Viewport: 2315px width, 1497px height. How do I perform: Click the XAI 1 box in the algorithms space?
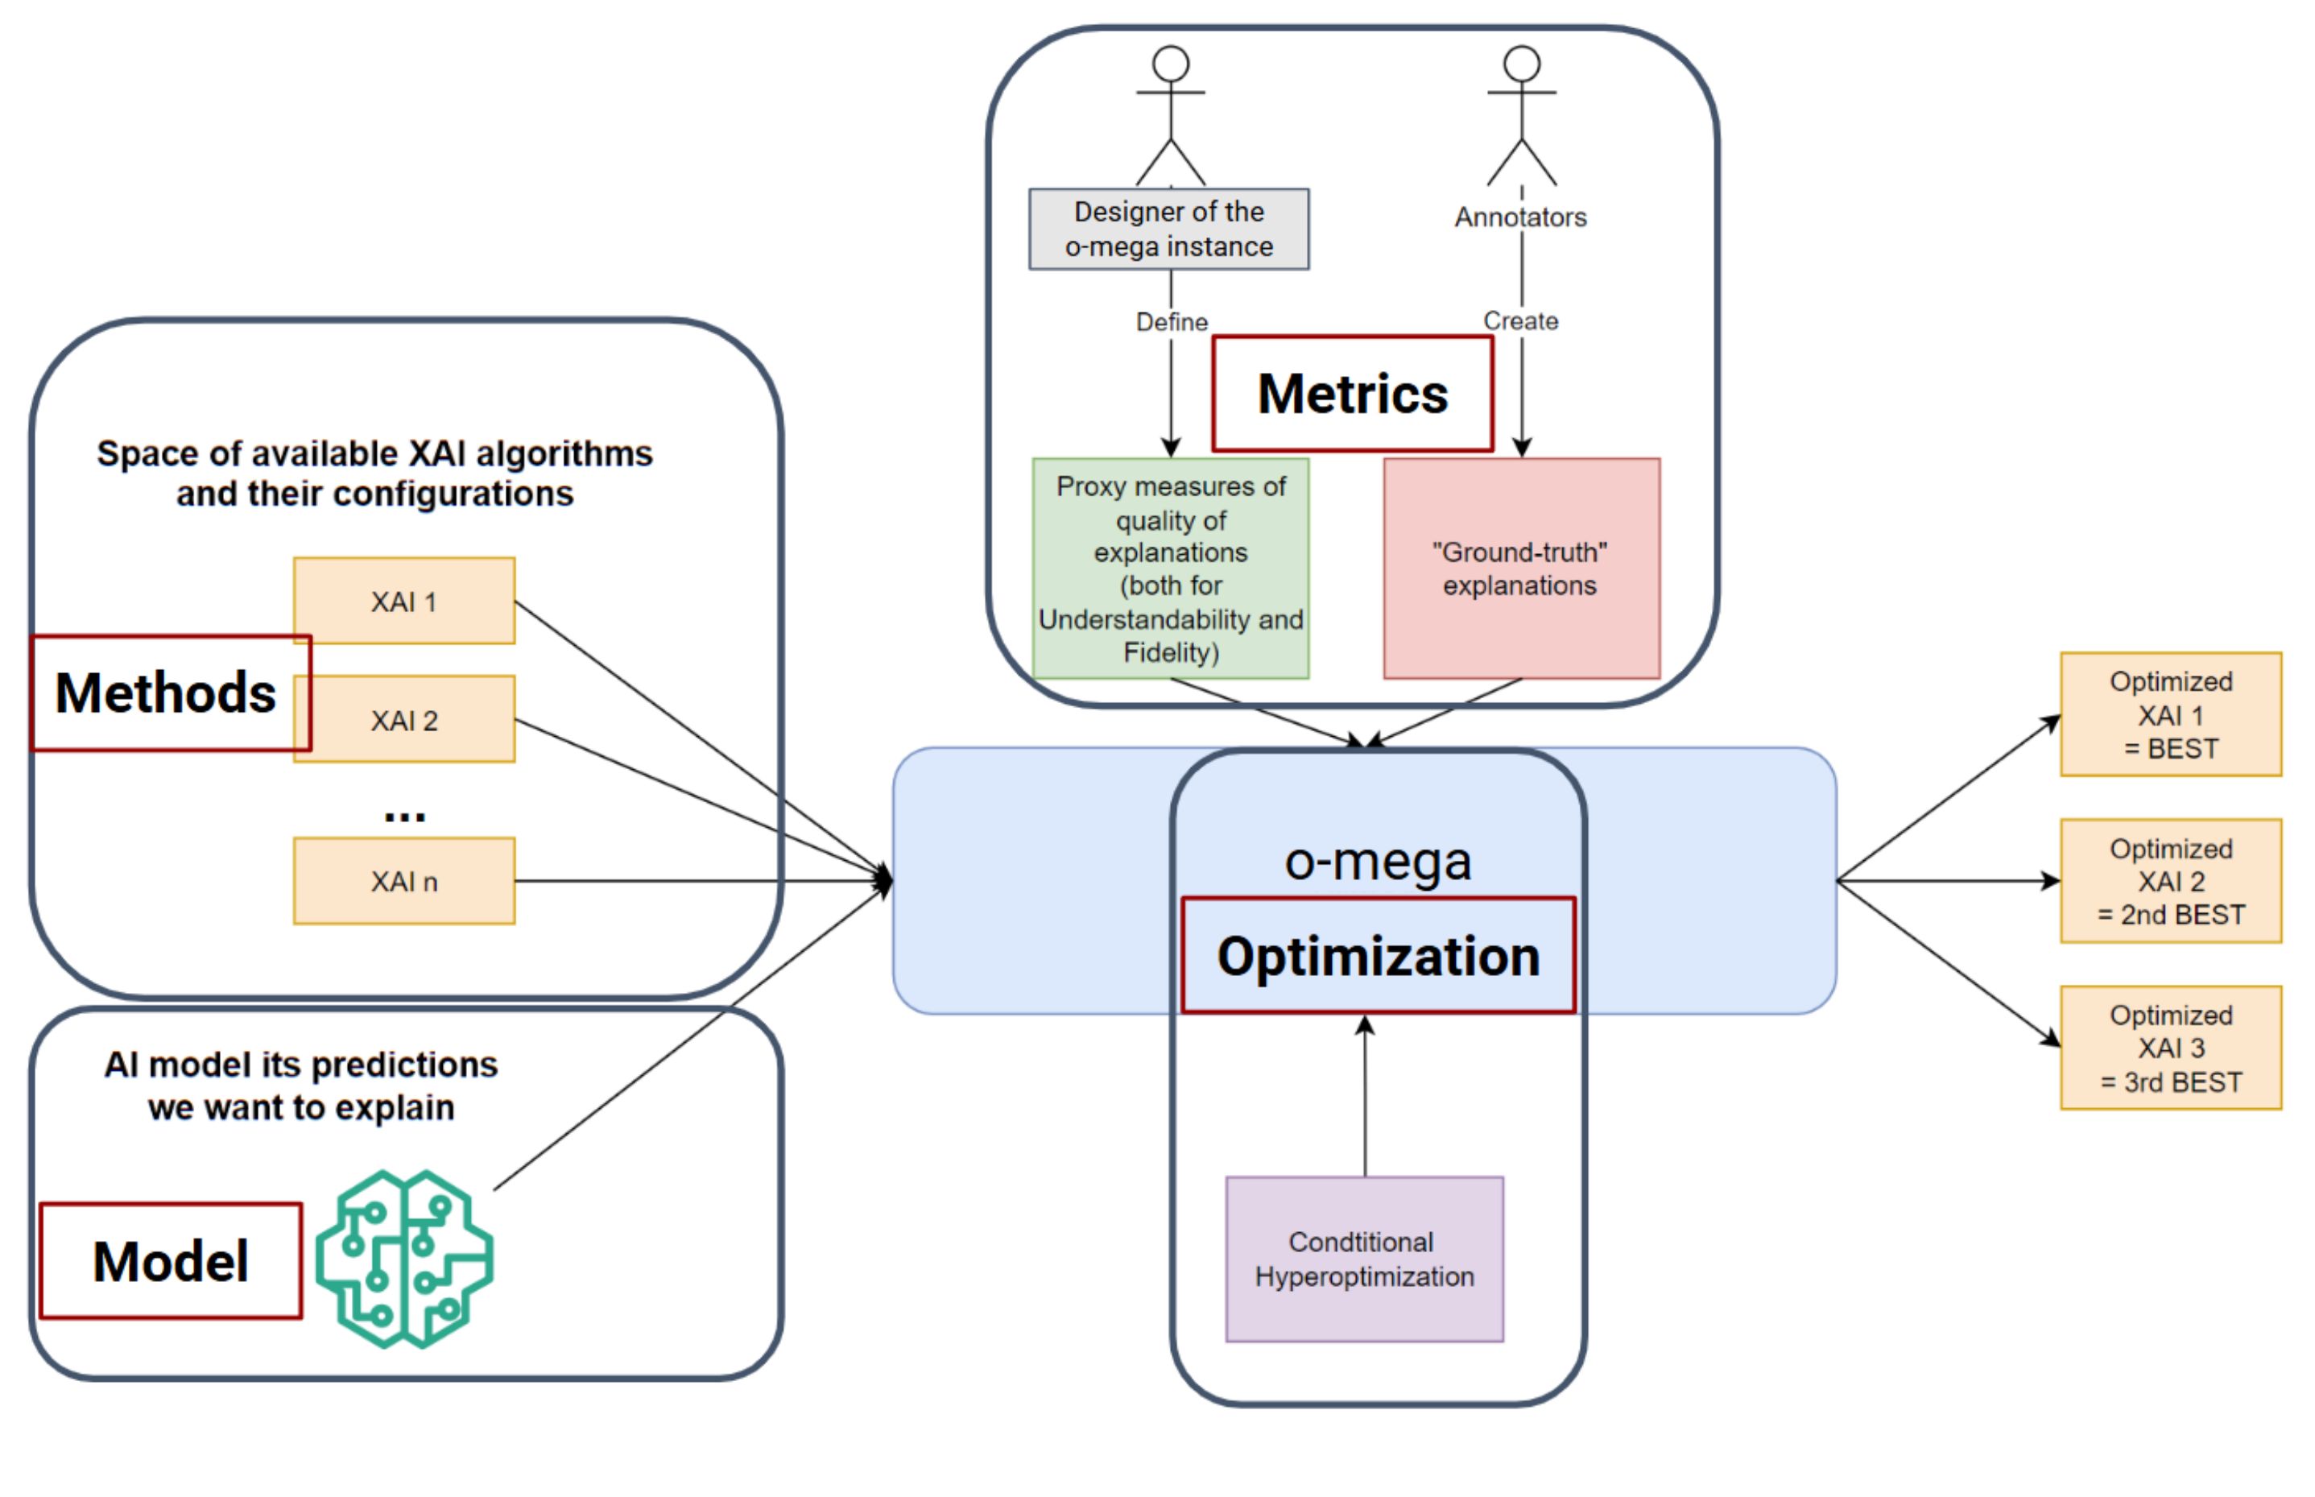[x=403, y=601]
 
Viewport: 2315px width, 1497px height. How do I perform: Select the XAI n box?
[x=403, y=881]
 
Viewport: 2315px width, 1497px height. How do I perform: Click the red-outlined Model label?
[x=170, y=1261]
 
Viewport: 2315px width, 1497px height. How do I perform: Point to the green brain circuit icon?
[x=403, y=1258]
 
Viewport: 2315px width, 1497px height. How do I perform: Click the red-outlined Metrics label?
[x=1352, y=394]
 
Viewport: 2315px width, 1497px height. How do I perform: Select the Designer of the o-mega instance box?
[x=1168, y=229]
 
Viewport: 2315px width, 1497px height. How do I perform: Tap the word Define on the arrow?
[x=1171, y=322]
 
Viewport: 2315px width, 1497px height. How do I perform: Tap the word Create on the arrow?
[x=1520, y=320]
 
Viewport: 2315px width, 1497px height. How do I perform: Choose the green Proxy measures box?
[x=1170, y=569]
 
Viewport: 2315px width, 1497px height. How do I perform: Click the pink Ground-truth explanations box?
[x=1521, y=569]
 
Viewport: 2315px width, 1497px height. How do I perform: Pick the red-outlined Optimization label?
[x=1378, y=956]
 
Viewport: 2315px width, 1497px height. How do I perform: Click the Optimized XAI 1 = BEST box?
[x=2170, y=714]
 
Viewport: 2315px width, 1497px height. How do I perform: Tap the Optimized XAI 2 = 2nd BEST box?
[x=2170, y=881]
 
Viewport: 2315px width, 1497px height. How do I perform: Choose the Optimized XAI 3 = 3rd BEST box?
[x=2170, y=1048]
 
